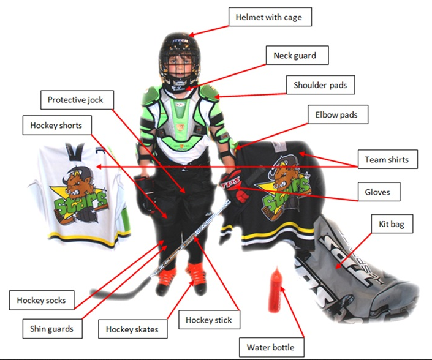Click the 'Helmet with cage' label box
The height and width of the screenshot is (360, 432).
[270, 17]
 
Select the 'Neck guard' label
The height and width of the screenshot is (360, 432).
[297, 55]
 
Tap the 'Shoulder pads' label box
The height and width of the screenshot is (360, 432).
[320, 84]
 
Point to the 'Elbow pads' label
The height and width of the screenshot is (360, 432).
[338, 114]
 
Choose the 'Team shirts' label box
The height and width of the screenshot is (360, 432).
[388, 159]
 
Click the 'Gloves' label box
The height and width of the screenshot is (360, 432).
[379, 192]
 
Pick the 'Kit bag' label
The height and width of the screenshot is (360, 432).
[392, 223]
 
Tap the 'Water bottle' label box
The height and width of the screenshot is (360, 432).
[271, 347]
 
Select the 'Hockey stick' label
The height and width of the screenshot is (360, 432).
[209, 320]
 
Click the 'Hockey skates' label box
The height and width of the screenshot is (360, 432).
[132, 329]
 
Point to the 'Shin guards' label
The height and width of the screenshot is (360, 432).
[52, 328]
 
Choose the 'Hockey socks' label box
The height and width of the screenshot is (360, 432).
[42, 300]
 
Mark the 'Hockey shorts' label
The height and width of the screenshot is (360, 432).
[57, 126]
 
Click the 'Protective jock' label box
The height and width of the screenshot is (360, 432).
[77, 100]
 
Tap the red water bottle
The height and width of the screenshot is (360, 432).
[275, 290]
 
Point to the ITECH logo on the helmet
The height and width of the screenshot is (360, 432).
[180, 41]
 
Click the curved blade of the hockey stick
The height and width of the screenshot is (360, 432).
[118, 293]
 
